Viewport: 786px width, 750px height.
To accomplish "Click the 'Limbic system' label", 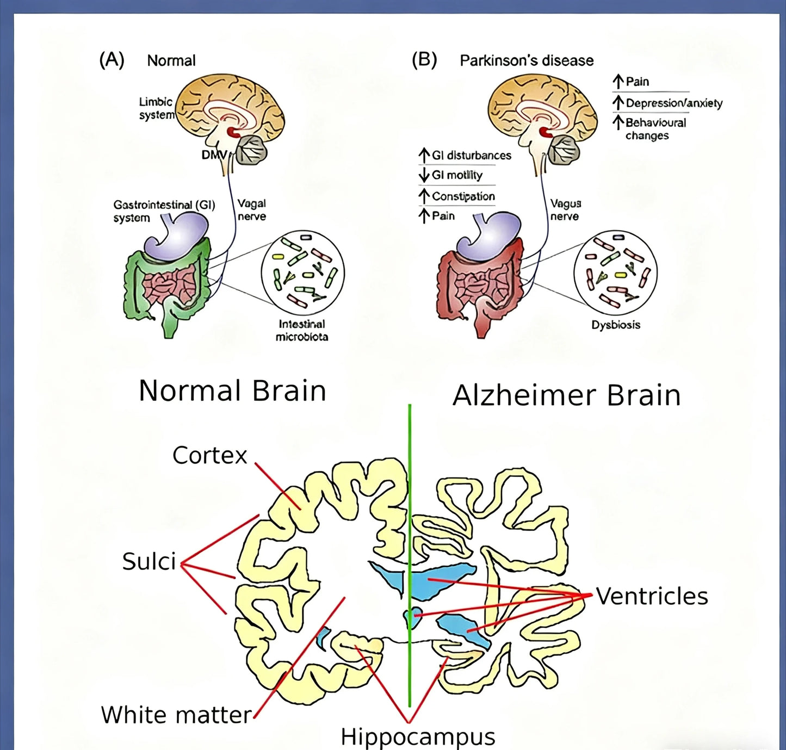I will (x=157, y=108).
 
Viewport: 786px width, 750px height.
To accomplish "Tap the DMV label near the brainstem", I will (x=213, y=155).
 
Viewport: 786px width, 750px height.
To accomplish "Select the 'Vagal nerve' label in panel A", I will (x=251, y=210).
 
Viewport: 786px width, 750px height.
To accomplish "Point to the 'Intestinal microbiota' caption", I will (x=302, y=330).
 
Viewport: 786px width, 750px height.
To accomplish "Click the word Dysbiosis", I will (x=616, y=325).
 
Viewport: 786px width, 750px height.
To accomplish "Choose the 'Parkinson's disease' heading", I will (x=527, y=60).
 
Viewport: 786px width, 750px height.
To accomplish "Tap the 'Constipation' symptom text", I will (x=463, y=196).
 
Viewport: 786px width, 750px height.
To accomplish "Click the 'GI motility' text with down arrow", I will (x=457, y=175).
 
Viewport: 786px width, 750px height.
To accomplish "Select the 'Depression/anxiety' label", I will (x=674, y=103).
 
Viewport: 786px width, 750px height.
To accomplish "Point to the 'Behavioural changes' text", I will (x=655, y=129).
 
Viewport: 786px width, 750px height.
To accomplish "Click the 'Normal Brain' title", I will (x=232, y=391).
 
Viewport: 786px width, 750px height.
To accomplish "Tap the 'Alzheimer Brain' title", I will (x=566, y=395).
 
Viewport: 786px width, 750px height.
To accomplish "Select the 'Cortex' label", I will (x=209, y=455).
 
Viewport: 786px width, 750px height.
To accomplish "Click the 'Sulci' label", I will (x=149, y=561).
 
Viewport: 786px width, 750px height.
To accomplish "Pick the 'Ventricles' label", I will (x=652, y=596).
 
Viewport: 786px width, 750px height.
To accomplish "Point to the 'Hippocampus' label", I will (x=418, y=737).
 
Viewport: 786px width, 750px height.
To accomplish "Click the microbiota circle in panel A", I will (x=303, y=273).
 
